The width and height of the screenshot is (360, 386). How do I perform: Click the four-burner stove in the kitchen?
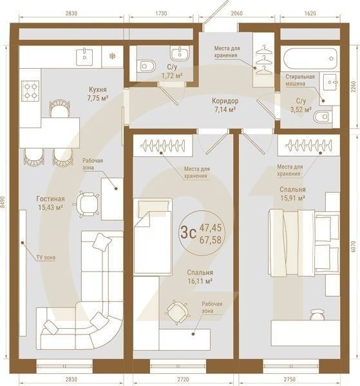[30, 91]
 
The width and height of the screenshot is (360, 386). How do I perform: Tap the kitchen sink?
[84, 57]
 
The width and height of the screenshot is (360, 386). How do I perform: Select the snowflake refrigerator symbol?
[112, 57]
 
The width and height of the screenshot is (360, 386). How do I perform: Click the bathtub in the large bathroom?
[310, 59]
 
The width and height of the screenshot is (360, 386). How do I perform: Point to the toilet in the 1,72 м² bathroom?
[147, 66]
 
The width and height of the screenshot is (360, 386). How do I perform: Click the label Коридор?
[225, 101]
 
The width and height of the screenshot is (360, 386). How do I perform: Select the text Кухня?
[98, 89]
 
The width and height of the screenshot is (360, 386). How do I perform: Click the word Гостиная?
[50, 199]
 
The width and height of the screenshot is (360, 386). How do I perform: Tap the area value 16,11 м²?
[200, 281]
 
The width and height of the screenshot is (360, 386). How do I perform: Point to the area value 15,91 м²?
[293, 198]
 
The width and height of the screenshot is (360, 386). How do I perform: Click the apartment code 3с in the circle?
[188, 233]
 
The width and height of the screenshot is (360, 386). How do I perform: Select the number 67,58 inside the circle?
[211, 240]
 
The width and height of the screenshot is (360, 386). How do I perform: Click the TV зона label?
[46, 257]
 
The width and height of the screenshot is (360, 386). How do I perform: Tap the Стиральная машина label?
[300, 80]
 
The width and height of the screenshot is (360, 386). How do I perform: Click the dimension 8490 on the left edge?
[3, 203]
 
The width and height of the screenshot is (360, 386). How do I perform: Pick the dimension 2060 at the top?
[236, 13]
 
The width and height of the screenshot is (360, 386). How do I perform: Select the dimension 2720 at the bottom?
[183, 380]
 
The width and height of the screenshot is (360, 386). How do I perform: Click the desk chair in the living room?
[86, 205]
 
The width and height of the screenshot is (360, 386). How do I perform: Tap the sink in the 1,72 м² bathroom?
[180, 53]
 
